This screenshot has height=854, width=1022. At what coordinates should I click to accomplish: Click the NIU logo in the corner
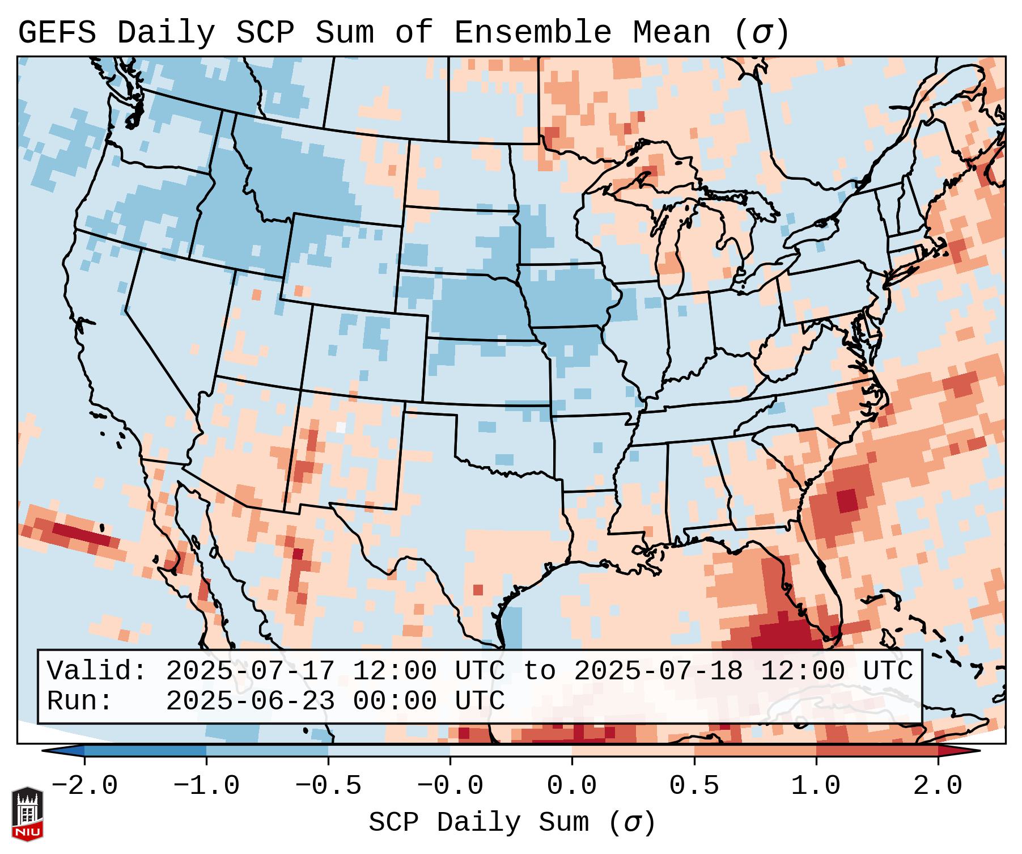[27, 814]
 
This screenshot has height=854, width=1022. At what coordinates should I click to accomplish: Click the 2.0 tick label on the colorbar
[938, 786]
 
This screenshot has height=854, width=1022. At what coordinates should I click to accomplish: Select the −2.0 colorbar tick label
[84, 786]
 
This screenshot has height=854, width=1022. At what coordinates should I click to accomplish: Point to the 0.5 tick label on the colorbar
[694, 786]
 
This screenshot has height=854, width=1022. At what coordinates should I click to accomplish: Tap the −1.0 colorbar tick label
[206, 786]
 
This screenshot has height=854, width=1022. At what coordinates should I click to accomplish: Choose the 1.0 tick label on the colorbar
[816, 786]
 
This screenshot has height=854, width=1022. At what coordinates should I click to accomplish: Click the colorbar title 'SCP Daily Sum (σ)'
[512, 823]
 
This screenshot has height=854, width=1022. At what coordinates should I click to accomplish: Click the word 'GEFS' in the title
[57, 33]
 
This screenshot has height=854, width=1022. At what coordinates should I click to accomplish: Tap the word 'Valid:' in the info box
[97, 671]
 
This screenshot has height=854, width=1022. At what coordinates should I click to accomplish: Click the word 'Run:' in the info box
[80, 701]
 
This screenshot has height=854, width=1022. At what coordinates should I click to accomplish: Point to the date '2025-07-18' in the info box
[658, 671]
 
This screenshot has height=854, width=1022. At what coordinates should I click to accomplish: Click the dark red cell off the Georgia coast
[847, 501]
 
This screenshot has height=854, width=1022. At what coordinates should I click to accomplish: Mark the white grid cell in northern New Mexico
[341, 427]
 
